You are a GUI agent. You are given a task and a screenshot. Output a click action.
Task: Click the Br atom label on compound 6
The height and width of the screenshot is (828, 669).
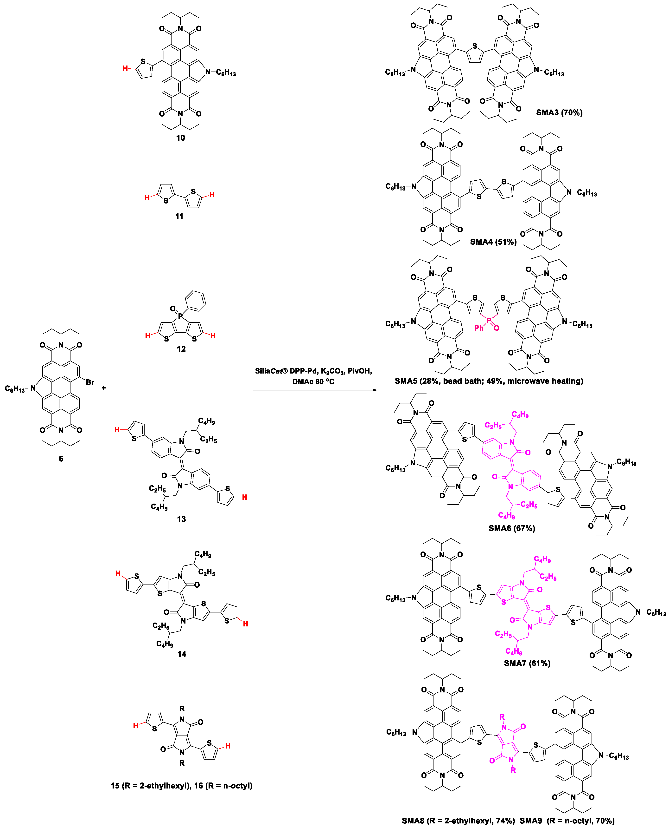tap(90, 382)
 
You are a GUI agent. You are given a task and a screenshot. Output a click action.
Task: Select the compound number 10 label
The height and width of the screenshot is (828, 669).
tap(180, 138)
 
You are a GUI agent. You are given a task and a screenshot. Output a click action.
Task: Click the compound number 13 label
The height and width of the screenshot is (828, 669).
tap(181, 519)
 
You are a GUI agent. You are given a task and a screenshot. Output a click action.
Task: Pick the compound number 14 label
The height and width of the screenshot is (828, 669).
tap(182, 654)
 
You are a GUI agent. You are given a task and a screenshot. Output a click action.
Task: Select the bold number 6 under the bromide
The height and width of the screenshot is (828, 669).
tap(61, 458)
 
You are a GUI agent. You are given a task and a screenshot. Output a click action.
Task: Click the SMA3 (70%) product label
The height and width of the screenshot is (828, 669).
tap(559, 113)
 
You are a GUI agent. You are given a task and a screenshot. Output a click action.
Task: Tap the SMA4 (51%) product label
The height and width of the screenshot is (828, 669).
tap(493, 242)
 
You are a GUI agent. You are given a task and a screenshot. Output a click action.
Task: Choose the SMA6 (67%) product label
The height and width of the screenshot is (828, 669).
tap(512, 528)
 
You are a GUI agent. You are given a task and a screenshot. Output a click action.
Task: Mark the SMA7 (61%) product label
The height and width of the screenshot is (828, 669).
tap(527, 663)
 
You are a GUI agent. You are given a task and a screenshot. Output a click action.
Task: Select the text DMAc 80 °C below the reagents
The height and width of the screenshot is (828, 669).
tap(313, 381)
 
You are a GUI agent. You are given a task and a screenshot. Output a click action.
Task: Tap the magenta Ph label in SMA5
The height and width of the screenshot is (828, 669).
tap(479, 328)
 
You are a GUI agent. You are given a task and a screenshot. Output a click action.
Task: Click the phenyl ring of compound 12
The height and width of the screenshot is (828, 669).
tap(195, 301)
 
